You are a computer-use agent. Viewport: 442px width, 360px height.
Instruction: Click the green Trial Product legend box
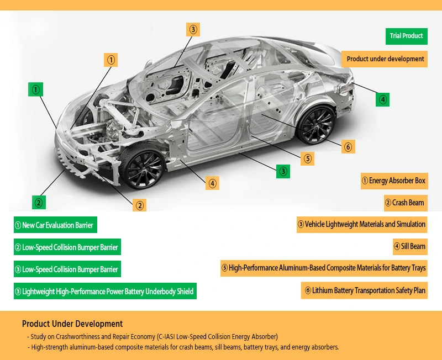coord(406,36)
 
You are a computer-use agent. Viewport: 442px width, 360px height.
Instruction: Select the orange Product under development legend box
coord(385,59)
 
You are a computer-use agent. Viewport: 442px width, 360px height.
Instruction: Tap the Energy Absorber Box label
coord(393,181)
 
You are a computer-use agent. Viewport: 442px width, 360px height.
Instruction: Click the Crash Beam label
coord(405,203)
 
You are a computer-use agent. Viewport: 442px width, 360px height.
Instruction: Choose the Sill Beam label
coord(409,246)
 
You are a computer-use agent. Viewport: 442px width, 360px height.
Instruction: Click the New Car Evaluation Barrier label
coord(55,225)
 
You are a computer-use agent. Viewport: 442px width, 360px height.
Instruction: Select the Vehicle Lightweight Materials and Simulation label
coord(362,224)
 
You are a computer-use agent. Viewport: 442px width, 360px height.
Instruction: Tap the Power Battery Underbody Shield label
coord(104,292)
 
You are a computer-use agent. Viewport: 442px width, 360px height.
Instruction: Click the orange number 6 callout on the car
coord(348,147)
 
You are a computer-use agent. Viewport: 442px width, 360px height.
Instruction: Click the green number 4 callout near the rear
coord(382,99)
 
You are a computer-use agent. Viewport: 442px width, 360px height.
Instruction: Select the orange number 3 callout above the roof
coord(192,30)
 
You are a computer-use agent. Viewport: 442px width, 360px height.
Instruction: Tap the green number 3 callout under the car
coord(283,171)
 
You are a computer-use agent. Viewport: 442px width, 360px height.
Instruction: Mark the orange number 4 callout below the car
coord(212,183)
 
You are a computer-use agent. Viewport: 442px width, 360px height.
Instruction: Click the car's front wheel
coord(143,167)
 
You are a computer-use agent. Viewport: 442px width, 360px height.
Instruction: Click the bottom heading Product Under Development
coord(72,324)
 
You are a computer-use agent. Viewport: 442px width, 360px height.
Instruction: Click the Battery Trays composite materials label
coord(324,268)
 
